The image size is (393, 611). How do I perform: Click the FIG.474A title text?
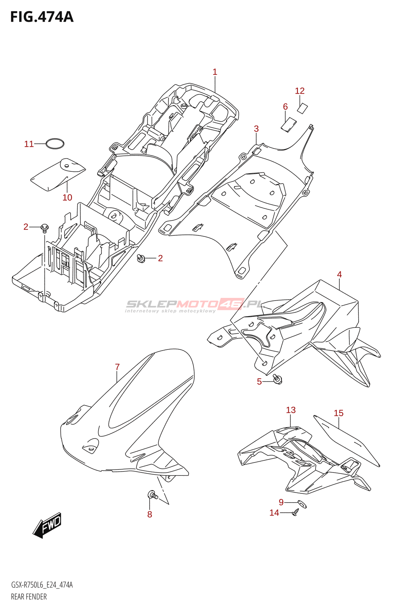pyautogui.click(x=42, y=17)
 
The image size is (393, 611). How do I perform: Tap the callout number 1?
pyautogui.click(x=215, y=72)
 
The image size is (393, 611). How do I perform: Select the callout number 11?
pyautogui.click(x=29, y=144)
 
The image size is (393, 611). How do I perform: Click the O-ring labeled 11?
pyautogui.click(x=55, y=144)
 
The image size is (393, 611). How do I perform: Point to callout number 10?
pyautogui.click(x=67, y=197)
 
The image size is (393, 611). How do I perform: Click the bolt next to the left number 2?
pyautogui.click(x=44, y=228)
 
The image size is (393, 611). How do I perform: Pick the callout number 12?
pyautogui.click(x=300, y=91)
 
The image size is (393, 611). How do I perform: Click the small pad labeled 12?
pyautogui.click(x=302, y=108)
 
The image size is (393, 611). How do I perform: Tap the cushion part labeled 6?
pyautogui.click(x=289, y=124)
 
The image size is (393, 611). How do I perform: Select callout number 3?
pyautogui.click(x=256, y=129)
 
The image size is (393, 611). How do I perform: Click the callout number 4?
pyautogui.click(x=339, y=274)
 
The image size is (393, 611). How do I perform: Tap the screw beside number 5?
pyautogui.click(x=278, y=379)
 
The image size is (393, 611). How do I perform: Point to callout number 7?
pyautogui.click(x=117, y=367)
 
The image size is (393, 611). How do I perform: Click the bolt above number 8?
pyautogui.click(x=152, y=495)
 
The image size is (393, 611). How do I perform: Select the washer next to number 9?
pyautogui.click(x=302, y=504)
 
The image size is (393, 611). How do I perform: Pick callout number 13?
pyautogui.click(x=291, y=410)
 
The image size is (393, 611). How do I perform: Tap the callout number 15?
pyautogui.click(x=338, y=413)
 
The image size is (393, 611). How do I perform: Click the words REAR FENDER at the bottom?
pyautogui.click(x=29, y=596)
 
